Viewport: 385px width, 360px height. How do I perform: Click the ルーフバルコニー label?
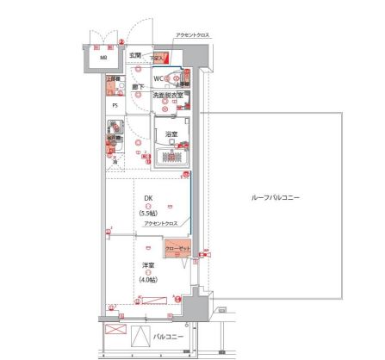pyautogui.click(x=276, y=197)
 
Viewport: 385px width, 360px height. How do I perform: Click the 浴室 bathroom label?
pyautogui.click(x=171, y=134)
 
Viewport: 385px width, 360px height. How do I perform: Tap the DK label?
pyautogui.click(x=148, y=197)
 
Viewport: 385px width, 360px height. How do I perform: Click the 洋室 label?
pyautogui.click(x=148, y=265)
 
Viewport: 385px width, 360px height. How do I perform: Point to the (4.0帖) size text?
pyautogui.click(x=148, y=280)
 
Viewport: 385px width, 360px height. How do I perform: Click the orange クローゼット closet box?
pyautogui.click(x=177, y=247)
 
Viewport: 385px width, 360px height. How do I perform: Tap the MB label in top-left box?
pyautogui.click(x=103, y=59)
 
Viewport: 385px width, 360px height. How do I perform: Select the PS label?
pyautogui.click(x=114, y=106)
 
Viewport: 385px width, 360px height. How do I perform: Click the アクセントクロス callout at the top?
pyautogui.click(x=191, y=35)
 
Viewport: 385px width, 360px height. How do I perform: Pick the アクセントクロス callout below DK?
pyautogui.click(x=161, y=223)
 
